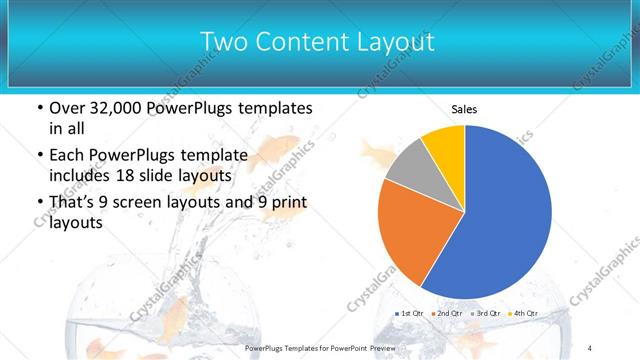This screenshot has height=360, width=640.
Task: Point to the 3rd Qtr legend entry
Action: (487, 314)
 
